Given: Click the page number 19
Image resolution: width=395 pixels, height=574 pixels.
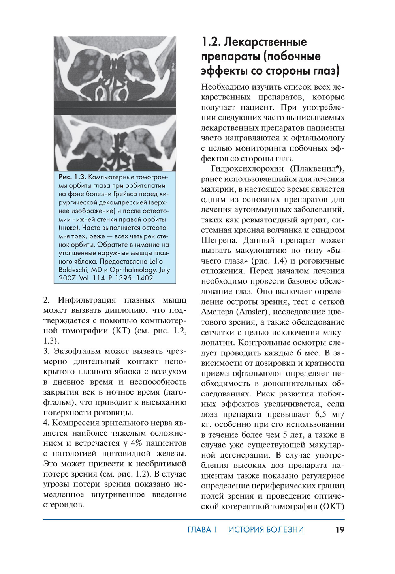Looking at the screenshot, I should point(340,529).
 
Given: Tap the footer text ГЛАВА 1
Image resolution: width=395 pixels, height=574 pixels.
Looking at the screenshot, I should point(202,529).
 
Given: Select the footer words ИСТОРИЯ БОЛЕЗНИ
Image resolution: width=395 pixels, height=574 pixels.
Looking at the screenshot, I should point(266,529).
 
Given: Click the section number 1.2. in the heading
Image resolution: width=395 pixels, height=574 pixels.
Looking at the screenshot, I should point(211,42).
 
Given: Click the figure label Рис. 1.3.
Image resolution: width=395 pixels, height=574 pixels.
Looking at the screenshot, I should point(72,177).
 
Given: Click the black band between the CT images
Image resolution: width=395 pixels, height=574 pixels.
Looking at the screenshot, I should point(115,108).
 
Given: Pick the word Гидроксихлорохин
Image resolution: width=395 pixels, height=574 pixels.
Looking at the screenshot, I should point(247,169).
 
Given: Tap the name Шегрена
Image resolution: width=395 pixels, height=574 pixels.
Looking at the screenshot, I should point(219,240).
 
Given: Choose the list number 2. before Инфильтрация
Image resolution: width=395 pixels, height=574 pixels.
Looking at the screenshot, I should point(46,300).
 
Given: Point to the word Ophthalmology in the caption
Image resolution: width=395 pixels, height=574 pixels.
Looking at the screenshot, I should point(133,270).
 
